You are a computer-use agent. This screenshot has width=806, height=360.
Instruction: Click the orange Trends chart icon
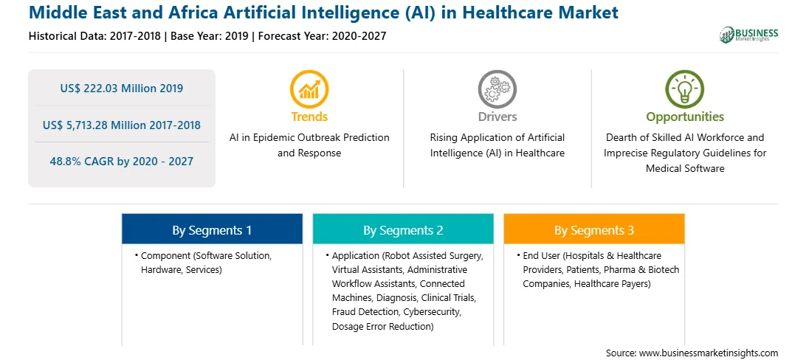[309, 89]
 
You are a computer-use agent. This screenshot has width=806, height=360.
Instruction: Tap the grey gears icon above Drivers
[497, 89]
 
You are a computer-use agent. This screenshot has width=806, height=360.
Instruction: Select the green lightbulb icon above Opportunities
[685, 89]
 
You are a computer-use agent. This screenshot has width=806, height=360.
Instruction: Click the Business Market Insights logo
[749, 35]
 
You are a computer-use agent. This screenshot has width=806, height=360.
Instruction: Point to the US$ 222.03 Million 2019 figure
[121, 89]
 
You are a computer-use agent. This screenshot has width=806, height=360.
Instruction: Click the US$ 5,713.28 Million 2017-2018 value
[121, 125]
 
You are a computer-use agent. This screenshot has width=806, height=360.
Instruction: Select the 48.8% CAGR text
[121, 162]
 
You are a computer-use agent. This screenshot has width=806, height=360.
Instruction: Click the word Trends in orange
[309, 117]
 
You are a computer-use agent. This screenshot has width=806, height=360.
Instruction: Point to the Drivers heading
[497, 117]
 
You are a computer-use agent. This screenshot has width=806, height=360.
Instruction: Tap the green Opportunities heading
[685, 117]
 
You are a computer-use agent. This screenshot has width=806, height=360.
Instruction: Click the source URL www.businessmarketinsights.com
[709, 353]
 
